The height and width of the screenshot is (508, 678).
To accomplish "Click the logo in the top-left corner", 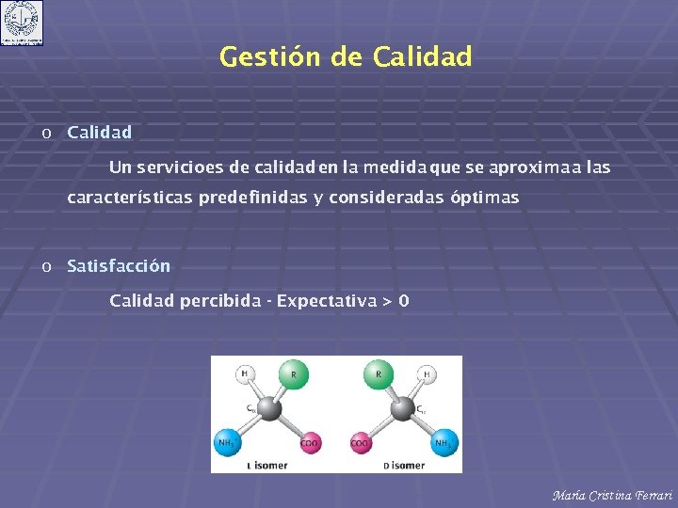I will (22, 23).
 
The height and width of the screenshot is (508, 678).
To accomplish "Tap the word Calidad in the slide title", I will (422, 57).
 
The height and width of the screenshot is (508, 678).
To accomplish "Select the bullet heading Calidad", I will (99, 133).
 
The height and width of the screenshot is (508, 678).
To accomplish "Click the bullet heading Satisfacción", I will (119, 266).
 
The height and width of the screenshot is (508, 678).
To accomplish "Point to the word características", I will (130, 198).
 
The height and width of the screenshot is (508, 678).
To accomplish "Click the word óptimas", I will (484, 198).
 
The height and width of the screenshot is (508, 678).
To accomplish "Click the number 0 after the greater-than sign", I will (404, 302).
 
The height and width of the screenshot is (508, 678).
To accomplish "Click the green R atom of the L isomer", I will (293, 375).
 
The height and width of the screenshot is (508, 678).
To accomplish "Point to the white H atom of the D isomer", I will (426, 373).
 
